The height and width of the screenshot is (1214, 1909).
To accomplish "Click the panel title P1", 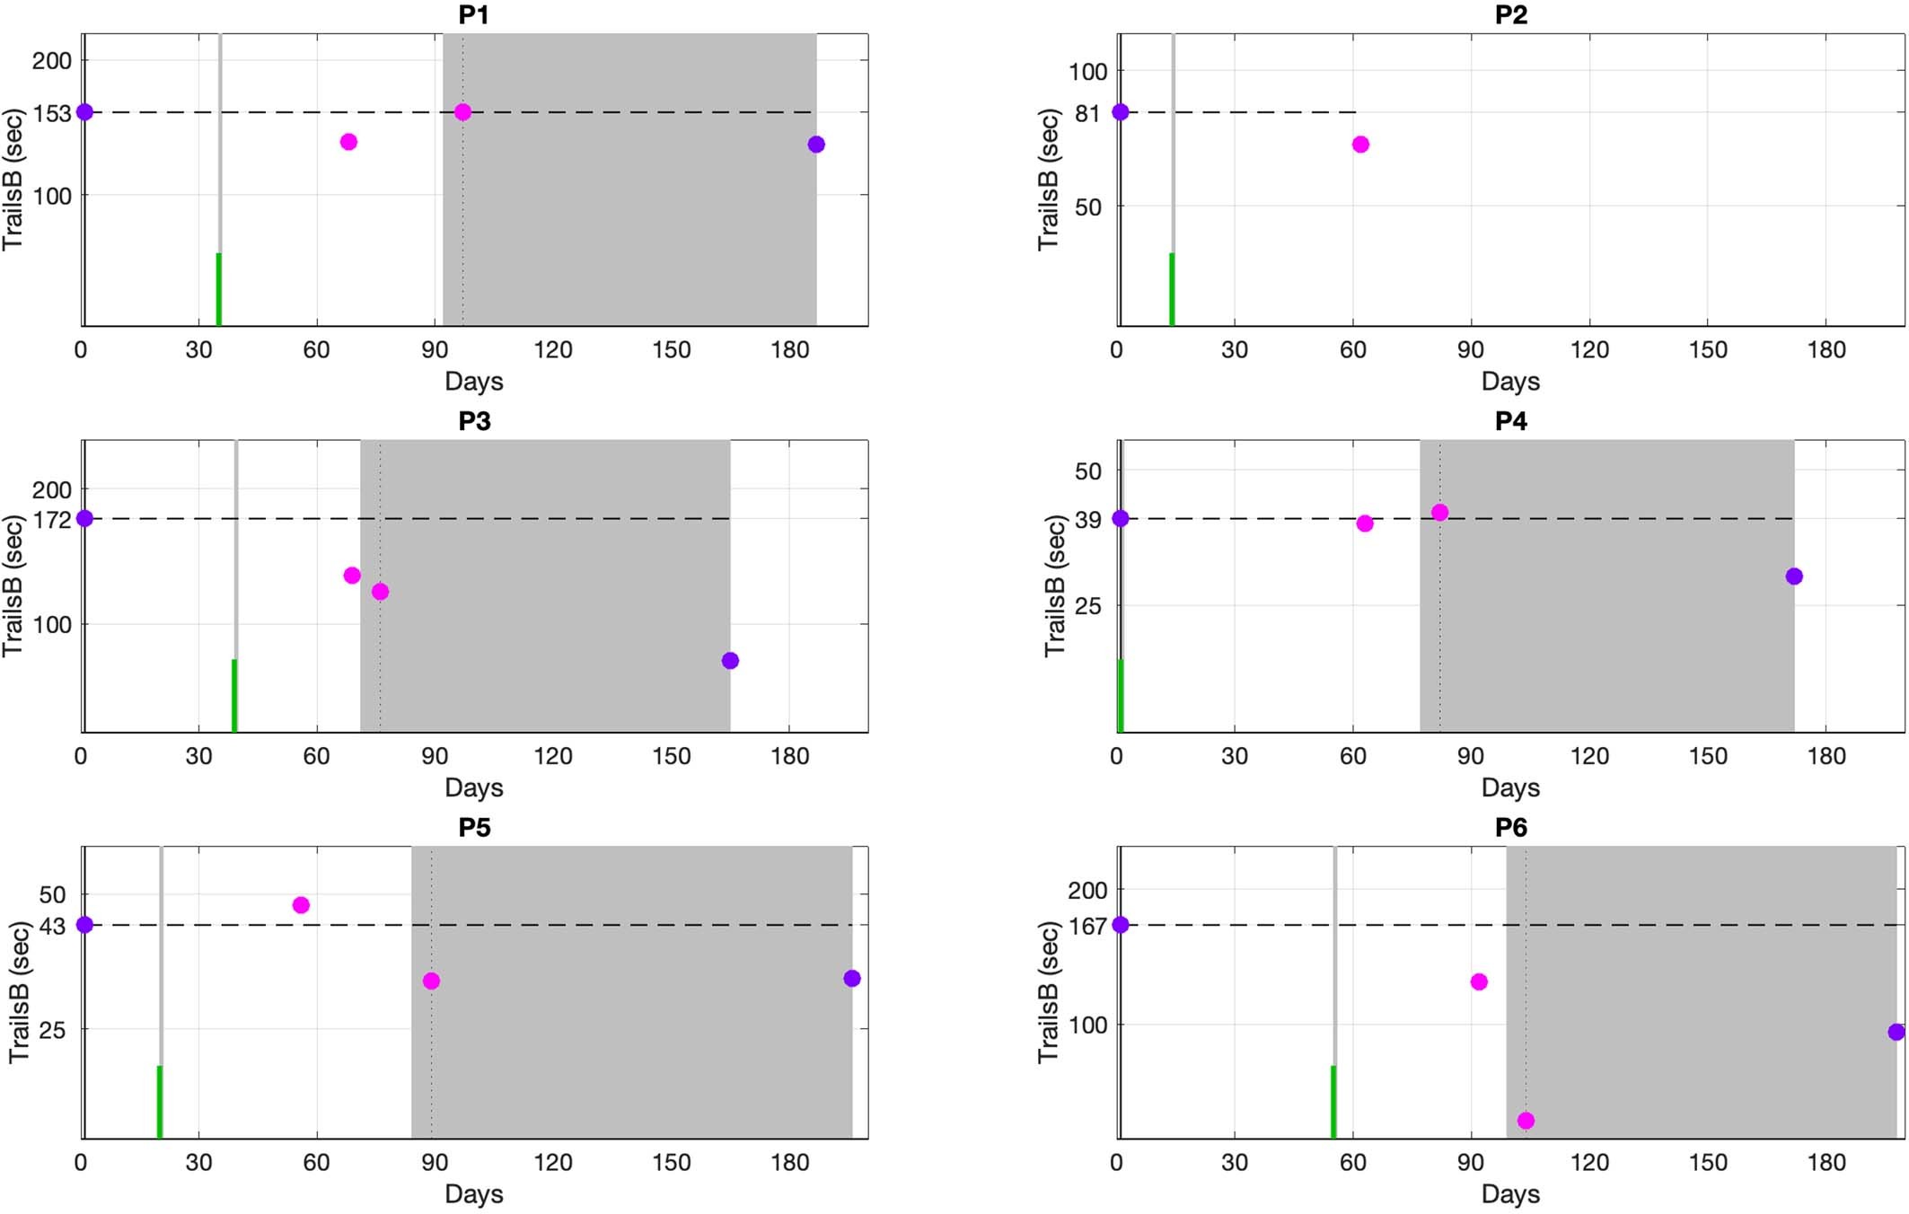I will point(473,15).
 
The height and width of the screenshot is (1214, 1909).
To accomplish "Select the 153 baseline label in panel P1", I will point(51,114).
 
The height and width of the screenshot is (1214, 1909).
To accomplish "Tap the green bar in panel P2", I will point(1172,289).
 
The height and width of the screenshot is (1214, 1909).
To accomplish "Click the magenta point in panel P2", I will point(1360,145).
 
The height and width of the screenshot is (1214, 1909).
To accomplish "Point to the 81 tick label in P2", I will point(1087,114).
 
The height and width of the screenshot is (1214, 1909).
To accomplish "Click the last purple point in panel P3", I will point(730,661).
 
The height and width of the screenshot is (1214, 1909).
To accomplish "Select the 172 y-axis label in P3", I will point(51,520).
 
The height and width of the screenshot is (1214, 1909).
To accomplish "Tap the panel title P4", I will point(1510,421).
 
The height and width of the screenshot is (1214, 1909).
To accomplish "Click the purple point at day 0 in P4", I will point(1121,518).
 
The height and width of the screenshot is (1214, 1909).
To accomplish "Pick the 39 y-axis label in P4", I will point(1087,520).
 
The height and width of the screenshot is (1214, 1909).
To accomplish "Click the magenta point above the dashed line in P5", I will point(301,905).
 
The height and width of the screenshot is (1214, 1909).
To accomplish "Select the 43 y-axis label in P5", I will point(52,926).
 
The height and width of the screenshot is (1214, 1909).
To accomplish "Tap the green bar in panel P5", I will point(160,1102).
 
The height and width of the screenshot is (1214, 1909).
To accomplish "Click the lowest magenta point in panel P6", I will point(1526,1121).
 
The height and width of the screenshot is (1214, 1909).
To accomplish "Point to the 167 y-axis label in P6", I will point(1087,926).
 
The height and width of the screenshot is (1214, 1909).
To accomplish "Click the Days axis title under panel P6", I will point(1510,1194).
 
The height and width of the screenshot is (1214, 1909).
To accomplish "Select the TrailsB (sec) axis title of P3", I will point(13,585).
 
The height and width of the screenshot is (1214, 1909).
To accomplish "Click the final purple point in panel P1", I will point(816,145).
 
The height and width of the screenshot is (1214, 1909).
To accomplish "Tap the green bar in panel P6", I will point(1333,1102).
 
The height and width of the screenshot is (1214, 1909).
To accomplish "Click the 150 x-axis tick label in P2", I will point(1707,350).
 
